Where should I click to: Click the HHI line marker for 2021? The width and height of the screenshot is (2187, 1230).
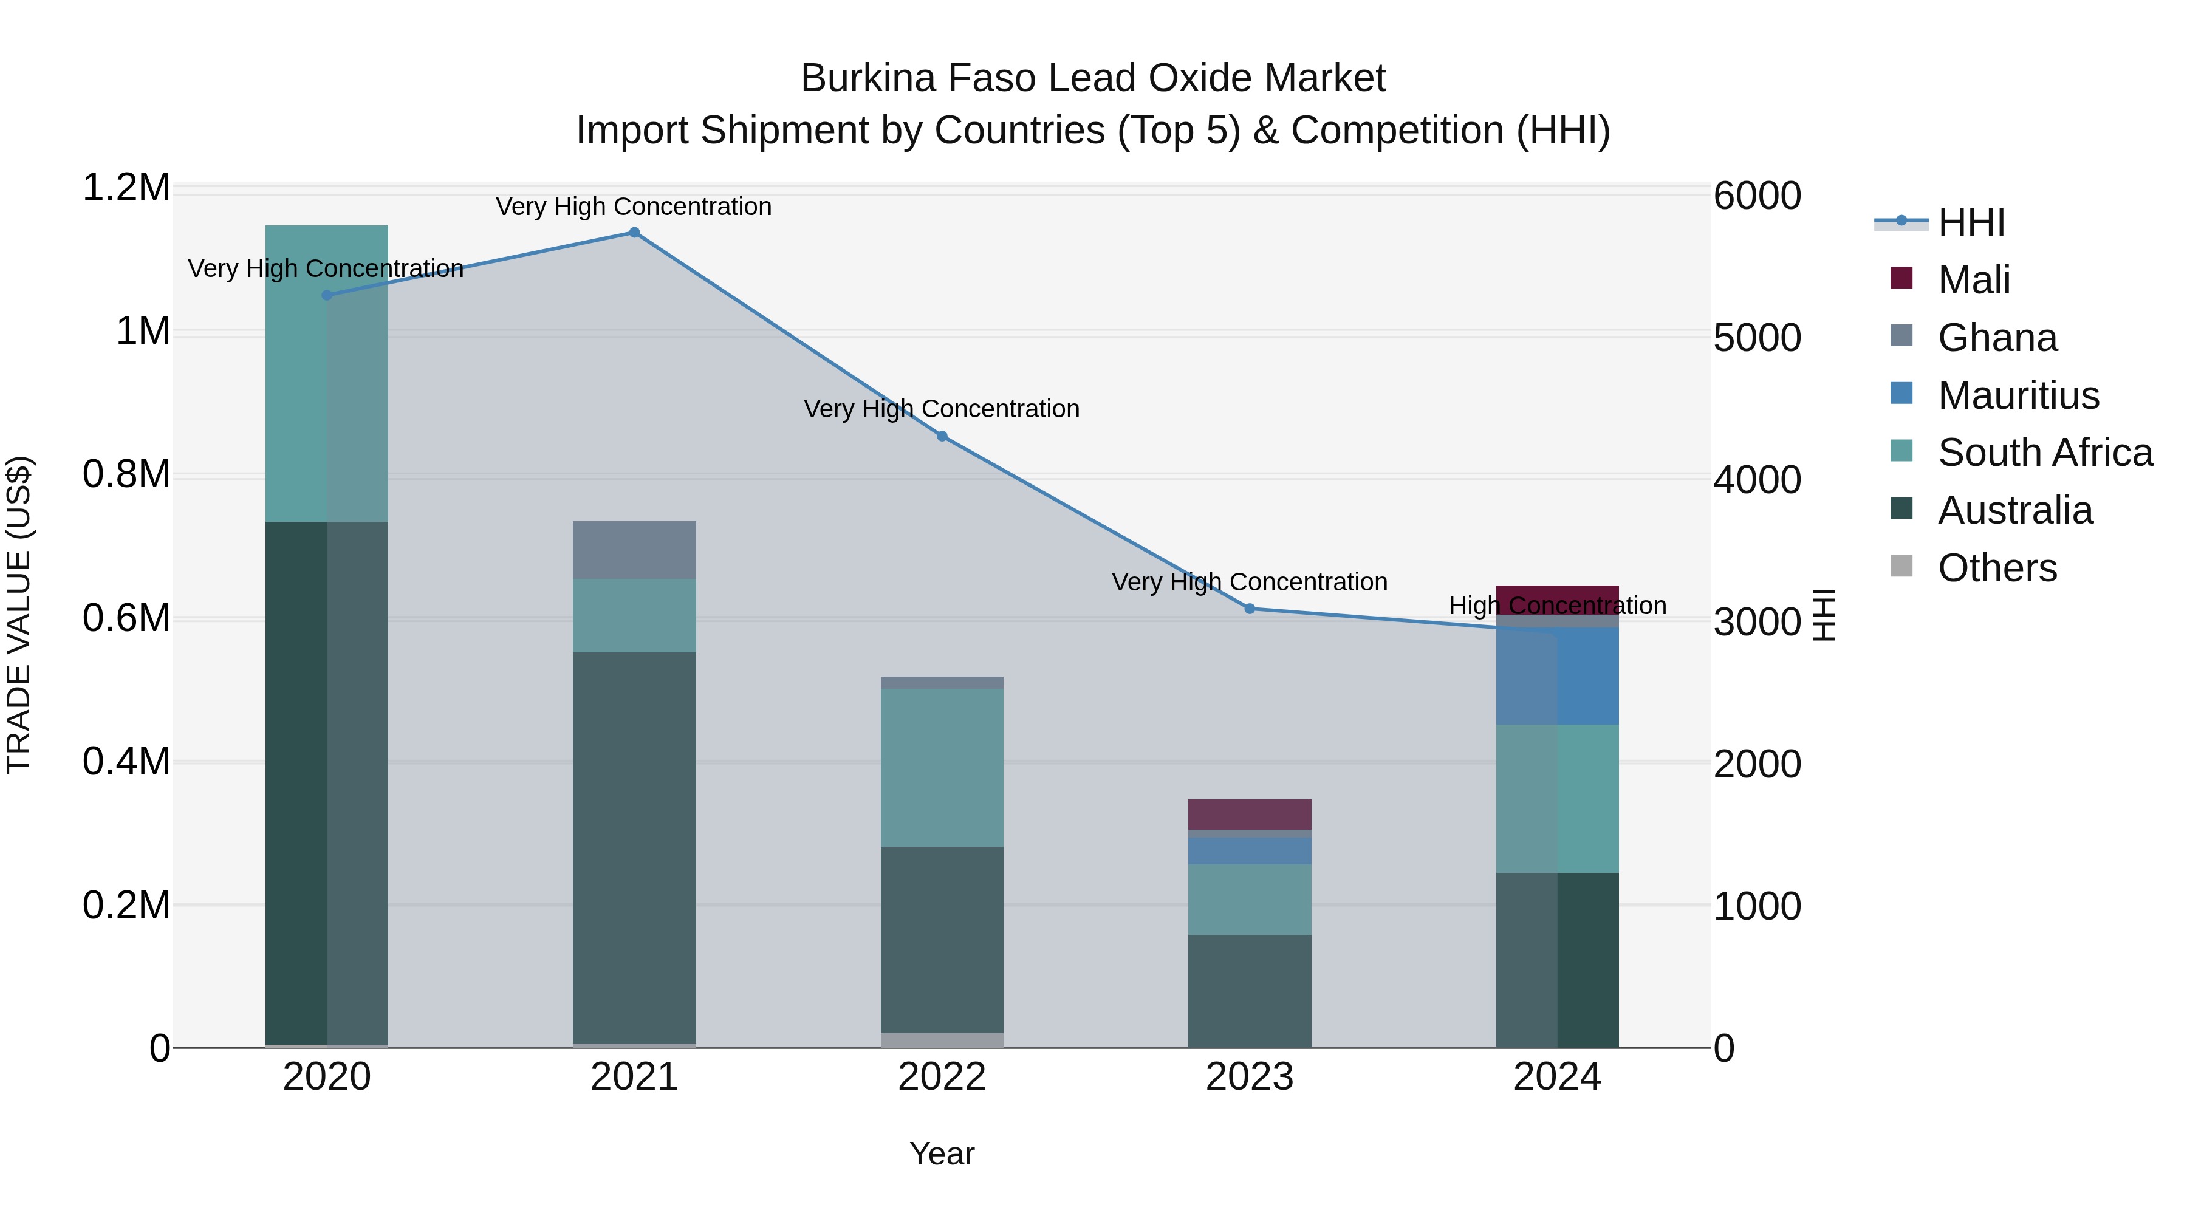634,233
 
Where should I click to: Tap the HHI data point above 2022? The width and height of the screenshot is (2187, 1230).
942,436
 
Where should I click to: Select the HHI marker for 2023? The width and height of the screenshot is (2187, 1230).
1250,609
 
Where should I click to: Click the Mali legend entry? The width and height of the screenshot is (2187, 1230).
1974,280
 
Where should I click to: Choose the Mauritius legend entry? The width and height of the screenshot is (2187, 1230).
2018,395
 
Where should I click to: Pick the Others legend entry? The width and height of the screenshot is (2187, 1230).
1997,568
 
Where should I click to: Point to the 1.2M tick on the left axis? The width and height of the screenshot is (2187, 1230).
126,188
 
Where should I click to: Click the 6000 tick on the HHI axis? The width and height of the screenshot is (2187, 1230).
1756,196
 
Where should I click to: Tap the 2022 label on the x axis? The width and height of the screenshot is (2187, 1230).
942,1077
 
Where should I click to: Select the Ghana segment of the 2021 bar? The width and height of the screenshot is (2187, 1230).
634,550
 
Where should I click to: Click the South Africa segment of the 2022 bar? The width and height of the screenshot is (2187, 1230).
942,767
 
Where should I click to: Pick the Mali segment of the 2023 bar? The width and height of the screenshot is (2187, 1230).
1250,814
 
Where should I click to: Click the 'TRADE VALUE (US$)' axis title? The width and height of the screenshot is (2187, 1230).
19,615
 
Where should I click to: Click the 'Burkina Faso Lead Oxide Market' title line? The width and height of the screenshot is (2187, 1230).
1093,78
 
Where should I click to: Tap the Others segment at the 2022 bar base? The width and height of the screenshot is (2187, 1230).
942,1040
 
